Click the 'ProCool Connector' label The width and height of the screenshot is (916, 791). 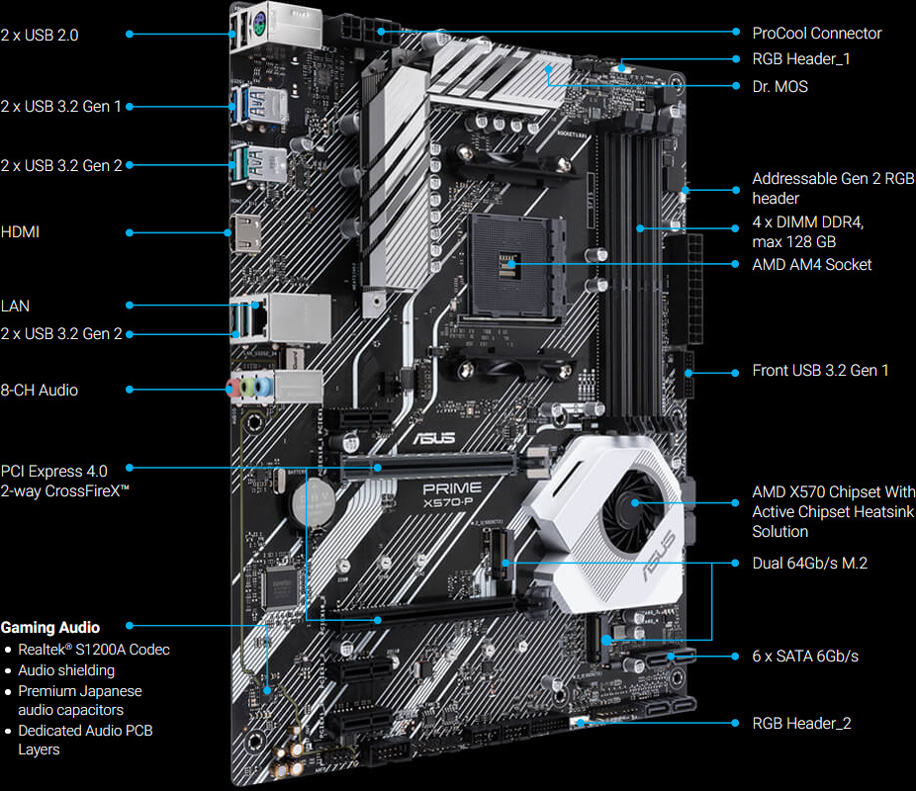coord(816,34)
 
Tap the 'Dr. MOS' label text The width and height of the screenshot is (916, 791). coord(779,87)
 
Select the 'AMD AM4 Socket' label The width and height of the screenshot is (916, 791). coord(811,265)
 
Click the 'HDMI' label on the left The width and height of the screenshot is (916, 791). coord(21,232)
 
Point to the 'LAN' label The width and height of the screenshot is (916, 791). coord(15,307)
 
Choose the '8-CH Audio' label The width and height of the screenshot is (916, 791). coord(40,391)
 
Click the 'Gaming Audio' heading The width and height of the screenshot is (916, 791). coord(50,627)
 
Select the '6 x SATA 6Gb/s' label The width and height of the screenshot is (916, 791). coord(805,657)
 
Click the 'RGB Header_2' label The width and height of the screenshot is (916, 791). coord(801,724)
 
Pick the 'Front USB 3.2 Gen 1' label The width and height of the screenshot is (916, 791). coord(820,371)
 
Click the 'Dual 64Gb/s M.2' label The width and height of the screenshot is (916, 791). coord(810,563)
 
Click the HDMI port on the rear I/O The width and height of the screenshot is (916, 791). coord(241,232)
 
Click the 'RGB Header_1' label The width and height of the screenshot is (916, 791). coord(801,59)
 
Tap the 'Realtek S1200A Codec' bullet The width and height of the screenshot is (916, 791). coord(93,650)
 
